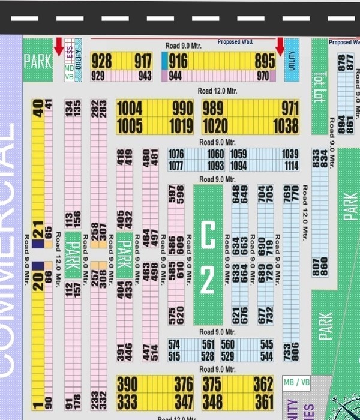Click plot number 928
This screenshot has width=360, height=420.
pos(101,61)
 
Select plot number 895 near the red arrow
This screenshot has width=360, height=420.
pos(265,61)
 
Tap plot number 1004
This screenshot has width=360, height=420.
pos(129,109)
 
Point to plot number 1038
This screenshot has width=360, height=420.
pos(286,125)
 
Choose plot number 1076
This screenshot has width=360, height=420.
pos(176,155)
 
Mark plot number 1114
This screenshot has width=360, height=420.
pos(291,166)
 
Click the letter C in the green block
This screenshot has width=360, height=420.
pos(207,235)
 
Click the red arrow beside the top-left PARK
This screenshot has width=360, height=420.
pos(59,46)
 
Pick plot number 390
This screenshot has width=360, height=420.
pos(127,383)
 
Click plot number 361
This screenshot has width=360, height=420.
pos(264,400)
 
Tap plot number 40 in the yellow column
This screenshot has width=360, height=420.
pos(38,109)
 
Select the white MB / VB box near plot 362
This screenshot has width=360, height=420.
pos(296,383)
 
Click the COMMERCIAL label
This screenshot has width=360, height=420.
pos(10,252)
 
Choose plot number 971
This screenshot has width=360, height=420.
pos(290,109)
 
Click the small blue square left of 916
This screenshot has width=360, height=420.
pos(165,61)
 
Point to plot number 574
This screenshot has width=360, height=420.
pos(174,345)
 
